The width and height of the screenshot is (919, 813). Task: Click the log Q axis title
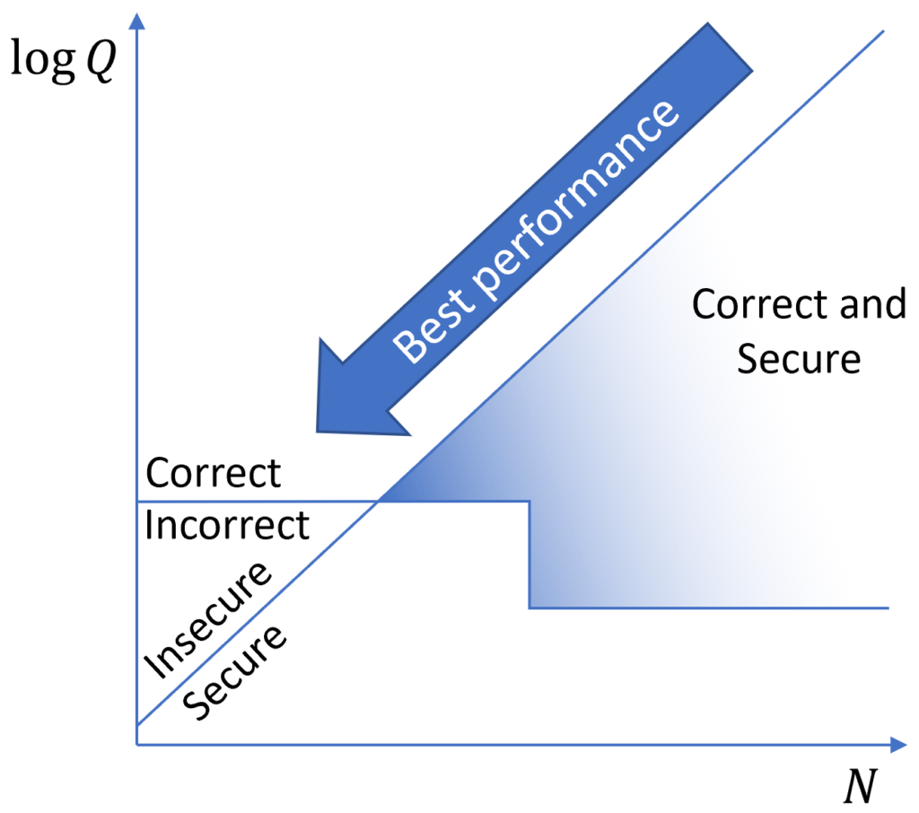62,63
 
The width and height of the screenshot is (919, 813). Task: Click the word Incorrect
227,525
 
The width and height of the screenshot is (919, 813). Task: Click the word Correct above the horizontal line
214,473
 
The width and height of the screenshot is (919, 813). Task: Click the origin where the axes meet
136,744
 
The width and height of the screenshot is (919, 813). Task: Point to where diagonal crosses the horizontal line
379,502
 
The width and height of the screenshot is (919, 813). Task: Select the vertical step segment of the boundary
530,555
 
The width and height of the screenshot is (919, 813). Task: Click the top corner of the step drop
530,502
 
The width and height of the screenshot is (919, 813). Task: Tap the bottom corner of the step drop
530,608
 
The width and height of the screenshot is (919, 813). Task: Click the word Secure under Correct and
798,359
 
